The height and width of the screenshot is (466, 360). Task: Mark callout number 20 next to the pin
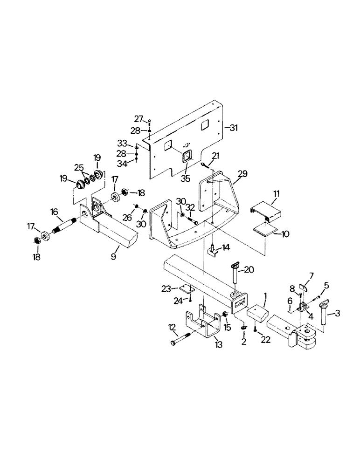(249, 269)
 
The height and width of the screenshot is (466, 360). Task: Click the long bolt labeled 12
(182, 343)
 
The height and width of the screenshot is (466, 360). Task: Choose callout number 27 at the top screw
(138, 118)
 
